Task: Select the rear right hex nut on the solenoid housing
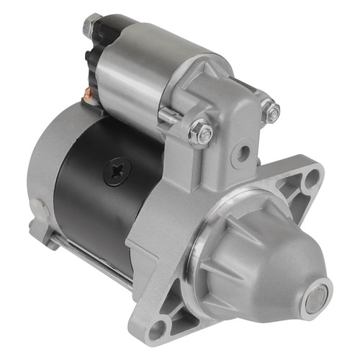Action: click(x=270, y=110)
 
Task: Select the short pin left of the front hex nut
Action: click(x=170, y=115)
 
